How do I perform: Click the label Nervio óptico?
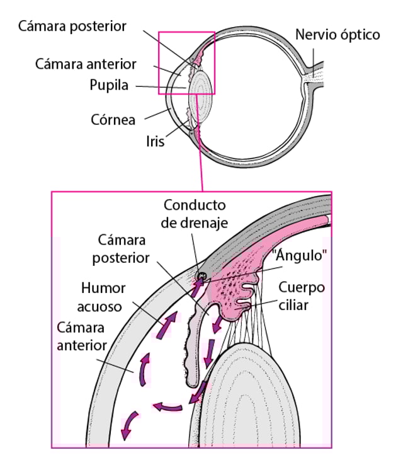[338, 34]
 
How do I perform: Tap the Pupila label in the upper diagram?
[109, 85]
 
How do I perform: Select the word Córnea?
[113, 119]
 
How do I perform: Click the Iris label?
[154, 141]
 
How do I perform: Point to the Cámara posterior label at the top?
[72, 26]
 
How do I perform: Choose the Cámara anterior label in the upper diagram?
[86, 64]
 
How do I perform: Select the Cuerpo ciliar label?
[303, 296]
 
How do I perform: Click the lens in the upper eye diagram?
[202, 92]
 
